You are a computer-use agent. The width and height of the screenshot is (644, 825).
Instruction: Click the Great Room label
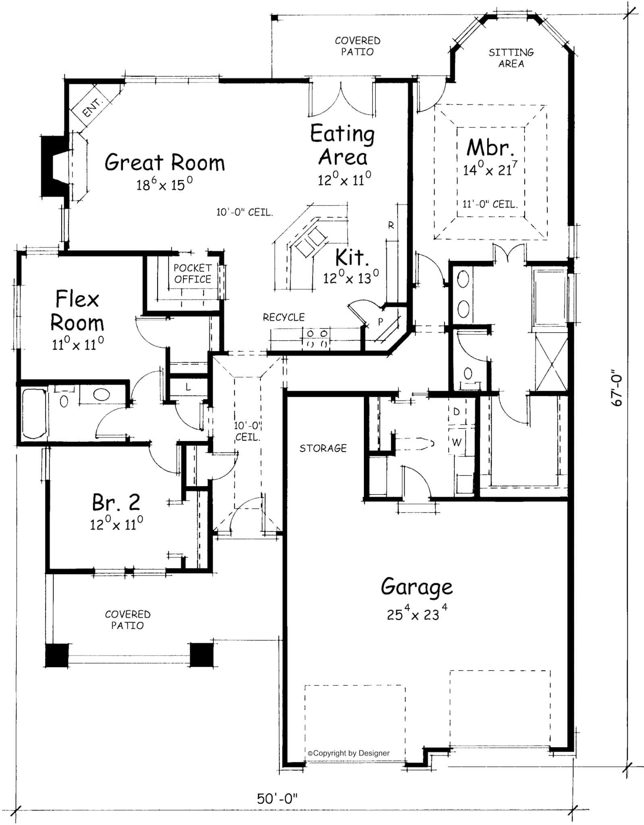[164, 162]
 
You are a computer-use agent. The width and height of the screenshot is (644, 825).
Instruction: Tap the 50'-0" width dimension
[277, 798]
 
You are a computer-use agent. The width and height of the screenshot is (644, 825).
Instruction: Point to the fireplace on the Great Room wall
[53, 166]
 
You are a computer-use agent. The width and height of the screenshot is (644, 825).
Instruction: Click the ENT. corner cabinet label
[92, 108]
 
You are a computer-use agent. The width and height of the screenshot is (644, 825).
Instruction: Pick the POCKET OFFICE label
[192, 274]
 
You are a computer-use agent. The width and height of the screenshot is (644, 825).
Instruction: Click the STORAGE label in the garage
[323, 448]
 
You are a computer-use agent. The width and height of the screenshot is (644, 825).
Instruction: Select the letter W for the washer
[456, 442]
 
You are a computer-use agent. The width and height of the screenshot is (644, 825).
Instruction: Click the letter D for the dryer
[456, 412]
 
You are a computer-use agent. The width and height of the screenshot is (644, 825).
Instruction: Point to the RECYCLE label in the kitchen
[284, 317]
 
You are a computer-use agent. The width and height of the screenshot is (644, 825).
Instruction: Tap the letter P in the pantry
[380, 322]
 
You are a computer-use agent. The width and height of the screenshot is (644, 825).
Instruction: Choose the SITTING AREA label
[511, 58]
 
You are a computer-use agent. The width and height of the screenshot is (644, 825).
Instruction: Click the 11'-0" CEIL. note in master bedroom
[489, 204]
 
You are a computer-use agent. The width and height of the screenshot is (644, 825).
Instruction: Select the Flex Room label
[77, 311]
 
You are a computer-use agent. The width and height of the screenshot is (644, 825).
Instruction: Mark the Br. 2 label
[116, 502]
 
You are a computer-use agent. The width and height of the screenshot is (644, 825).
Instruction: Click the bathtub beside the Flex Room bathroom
[33, 413]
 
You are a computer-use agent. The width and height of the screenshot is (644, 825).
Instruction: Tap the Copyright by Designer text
[349, 753]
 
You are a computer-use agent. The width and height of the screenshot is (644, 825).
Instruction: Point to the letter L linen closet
[188, 388]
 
